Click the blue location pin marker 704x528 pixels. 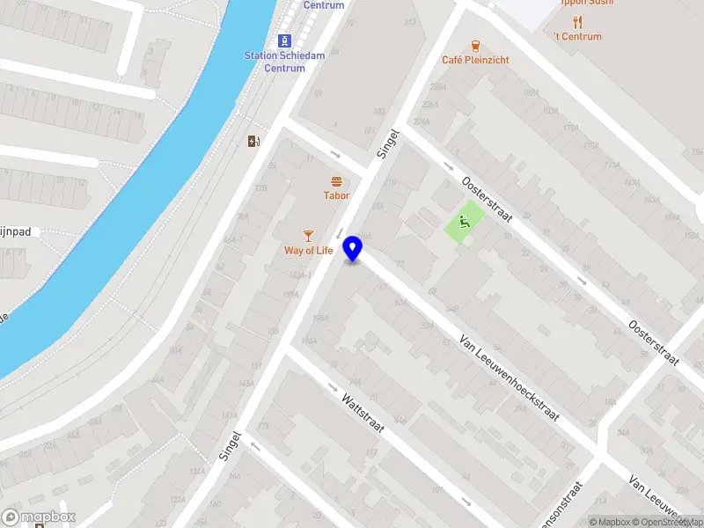click(x=353, y=249)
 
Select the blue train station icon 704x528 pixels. click(x=284, y=40)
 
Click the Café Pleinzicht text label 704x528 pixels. click(x=475, y=60)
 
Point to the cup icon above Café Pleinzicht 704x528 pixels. click(x=475, y=45)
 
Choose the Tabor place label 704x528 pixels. click(x=336, y=195)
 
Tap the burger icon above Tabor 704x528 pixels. click(x=336, y=180)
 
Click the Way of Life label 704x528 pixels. click(x=308, y=251)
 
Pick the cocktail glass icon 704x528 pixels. click(x=308, y=235)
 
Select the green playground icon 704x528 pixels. click(x=465, y=221)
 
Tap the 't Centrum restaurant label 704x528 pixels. click(x=578, y=36)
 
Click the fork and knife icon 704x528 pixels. click(x=578, y=21)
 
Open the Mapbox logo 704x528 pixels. click(x=39, y=517)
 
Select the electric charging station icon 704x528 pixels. click(x=253, y=141)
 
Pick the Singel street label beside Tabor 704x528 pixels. click(x=388, y=144)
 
